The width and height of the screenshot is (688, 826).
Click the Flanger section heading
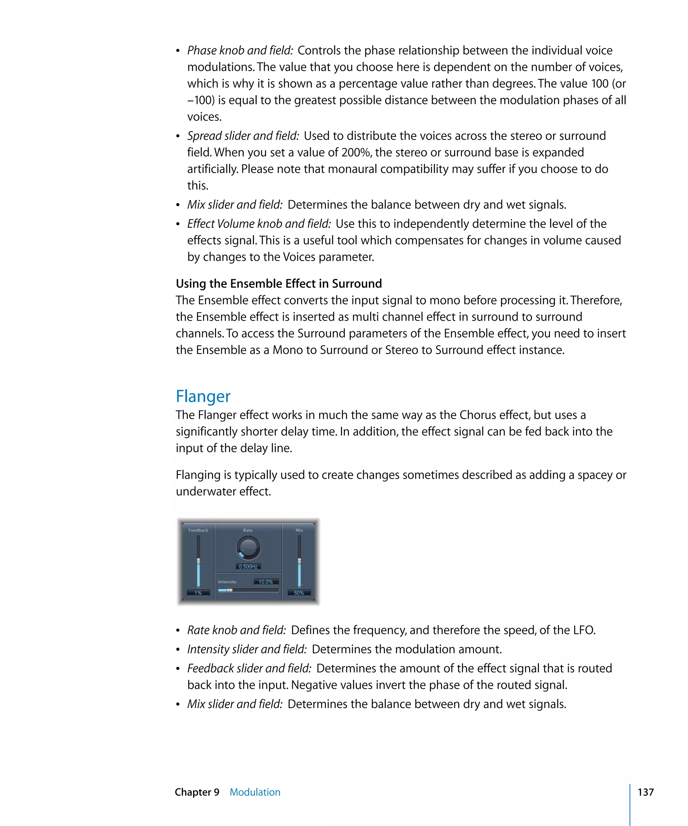click(x=203, y=396)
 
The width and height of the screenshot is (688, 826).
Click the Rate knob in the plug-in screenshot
click(x=248, y=548)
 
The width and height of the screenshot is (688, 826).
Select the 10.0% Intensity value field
click(x=266, y=582)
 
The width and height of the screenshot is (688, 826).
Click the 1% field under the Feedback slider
click(x=198, y=593)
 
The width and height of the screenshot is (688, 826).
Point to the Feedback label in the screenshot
click(x=198, y=530)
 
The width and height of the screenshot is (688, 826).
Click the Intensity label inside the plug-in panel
click(x=227, y=582)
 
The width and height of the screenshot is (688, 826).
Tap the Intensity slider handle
click(x=229, y=590)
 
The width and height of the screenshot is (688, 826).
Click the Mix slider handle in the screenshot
click(x=299, y=561)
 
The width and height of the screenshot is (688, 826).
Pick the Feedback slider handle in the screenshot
click(x=199, y=561)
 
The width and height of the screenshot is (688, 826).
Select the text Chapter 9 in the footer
click(x=197, y=792)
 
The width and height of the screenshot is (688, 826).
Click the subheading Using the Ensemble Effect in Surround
click(x=279, y=284)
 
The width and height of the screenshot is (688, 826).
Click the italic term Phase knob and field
click(x=240, y=50)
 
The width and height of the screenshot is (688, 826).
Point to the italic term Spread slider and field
click(x=243, y=136)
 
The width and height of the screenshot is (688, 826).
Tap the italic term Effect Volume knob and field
click(x=259, y=224)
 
